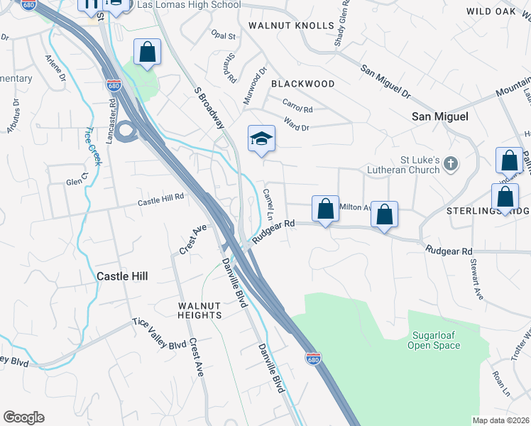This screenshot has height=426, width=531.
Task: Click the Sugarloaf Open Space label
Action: tap(434, 340)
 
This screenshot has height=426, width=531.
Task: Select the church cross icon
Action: tap(450, 165)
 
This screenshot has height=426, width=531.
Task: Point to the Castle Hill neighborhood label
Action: tap(122, 275)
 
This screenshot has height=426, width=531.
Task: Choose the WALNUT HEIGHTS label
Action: tap(190, 310)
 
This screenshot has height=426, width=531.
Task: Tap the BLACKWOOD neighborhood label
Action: tap(303, 84)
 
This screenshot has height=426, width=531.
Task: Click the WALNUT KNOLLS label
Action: tap(291, 26)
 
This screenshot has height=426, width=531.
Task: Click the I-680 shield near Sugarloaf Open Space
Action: tap(312, 358)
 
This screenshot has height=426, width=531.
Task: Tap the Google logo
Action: tap(23, 417)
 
